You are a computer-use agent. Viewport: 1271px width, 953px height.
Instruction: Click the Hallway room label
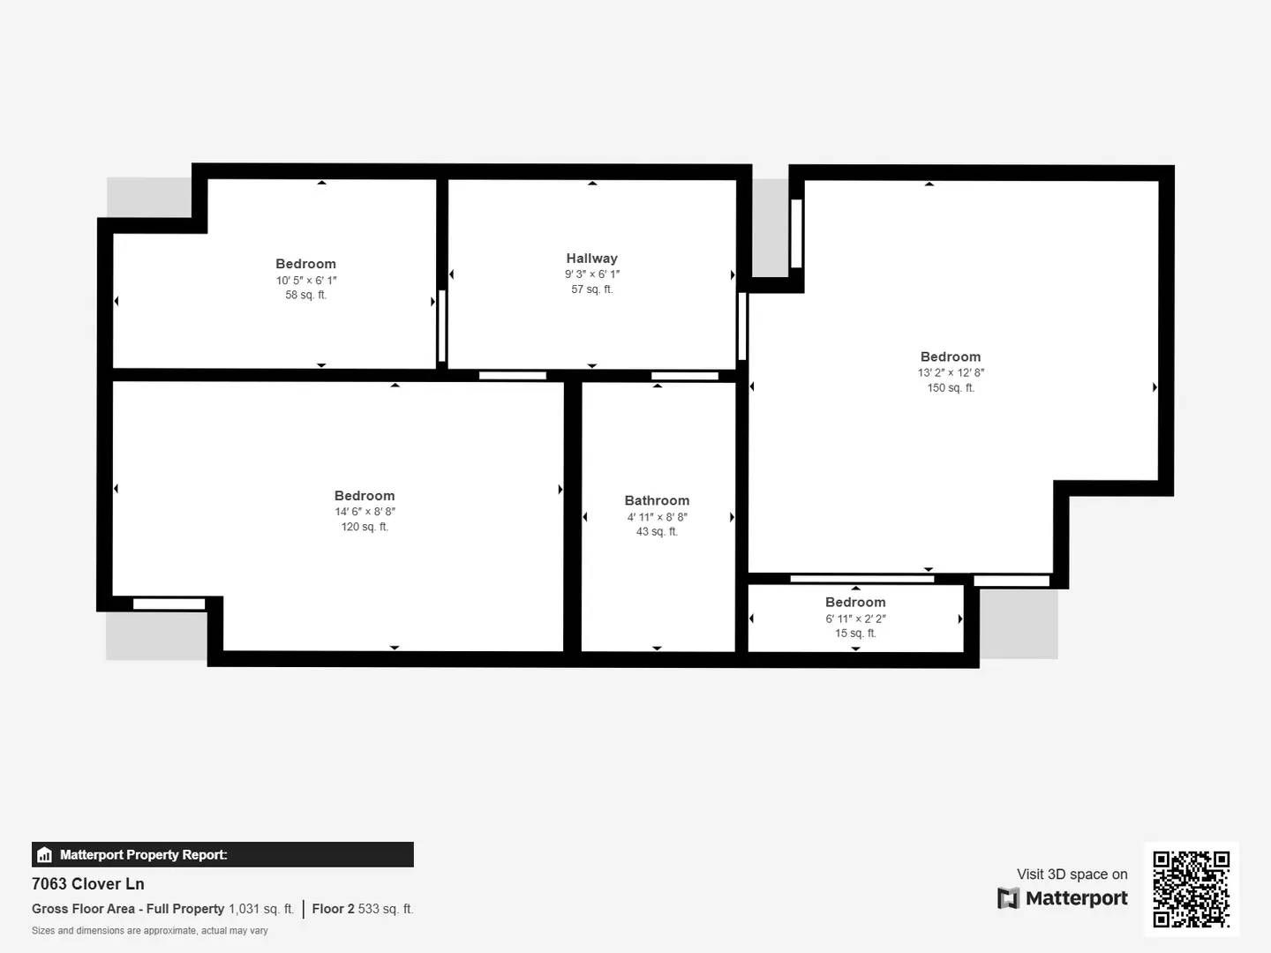(x=591, y=259)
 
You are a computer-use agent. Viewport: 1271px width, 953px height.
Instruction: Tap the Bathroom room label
(x=657, y=500)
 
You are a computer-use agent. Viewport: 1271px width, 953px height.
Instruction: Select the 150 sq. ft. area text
(x=951, y=388)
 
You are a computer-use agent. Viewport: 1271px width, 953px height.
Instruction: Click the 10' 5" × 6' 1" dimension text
(x=305, y=281)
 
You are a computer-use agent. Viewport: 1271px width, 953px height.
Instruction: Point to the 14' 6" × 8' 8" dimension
(x=365, y=512)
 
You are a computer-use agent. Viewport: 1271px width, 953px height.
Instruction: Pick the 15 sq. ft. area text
(x=855, y=634)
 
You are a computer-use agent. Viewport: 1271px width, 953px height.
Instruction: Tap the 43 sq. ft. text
(x=657, y=532)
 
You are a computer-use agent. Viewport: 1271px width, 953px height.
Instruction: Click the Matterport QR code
(x=1191, y=889)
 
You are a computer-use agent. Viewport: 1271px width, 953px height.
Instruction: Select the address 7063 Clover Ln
(x=88, y=884)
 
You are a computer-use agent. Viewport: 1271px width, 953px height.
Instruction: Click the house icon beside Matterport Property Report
(x=45, y=855)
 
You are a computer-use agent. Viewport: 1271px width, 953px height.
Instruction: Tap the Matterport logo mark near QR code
(x=1008, y=898)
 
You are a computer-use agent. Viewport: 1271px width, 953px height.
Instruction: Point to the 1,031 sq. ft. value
(x=261, y=909)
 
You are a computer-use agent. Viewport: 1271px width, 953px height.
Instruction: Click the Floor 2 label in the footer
(x=333, y=909)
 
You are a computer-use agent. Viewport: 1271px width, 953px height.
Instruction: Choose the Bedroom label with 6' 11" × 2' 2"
(x=855, y=603)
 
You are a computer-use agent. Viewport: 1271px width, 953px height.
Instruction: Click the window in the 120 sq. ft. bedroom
(x=169, y=604)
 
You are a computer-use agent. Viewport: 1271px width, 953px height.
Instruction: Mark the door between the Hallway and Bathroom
(x=685, y=376)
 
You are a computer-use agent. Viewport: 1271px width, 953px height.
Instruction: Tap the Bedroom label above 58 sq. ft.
(x=305, y=264)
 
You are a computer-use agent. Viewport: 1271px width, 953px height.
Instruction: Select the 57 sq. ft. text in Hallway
(x=591, y=289)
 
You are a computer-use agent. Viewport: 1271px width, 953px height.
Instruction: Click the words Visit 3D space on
(x=1072, y=874)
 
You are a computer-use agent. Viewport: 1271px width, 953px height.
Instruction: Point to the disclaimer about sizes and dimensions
(x=150, y=931)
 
